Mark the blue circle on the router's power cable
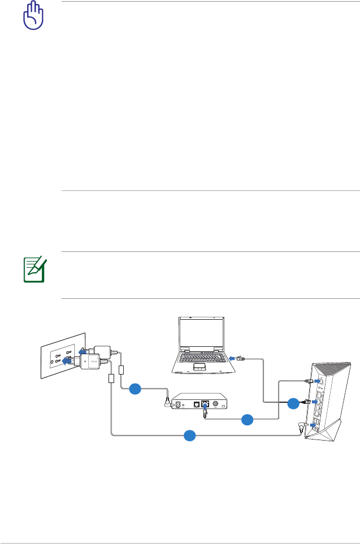pyautogui.click(x=190, y=435)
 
